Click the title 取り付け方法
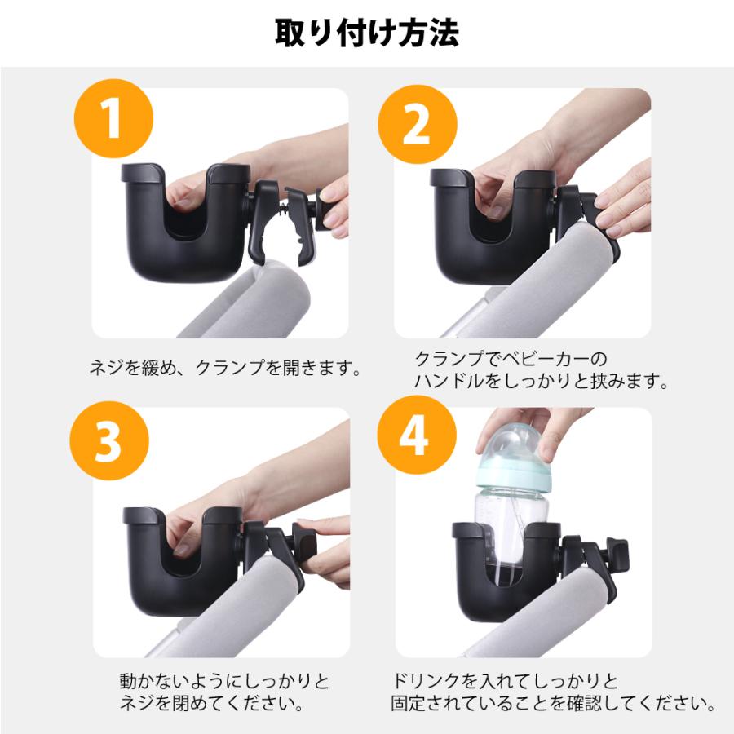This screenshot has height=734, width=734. click(366, 33)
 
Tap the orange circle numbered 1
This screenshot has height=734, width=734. click(113, 118)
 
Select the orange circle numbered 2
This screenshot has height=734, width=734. click(417, 124)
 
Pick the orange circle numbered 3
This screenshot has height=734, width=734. click(109, 440)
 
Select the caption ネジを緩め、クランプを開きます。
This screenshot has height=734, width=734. click(226, 368)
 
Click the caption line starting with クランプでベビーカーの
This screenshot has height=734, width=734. click(511, 359)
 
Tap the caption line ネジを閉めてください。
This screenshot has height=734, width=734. click(212, 703)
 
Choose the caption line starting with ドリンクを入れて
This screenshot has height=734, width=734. click(505, 681)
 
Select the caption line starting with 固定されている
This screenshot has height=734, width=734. click(553, 703)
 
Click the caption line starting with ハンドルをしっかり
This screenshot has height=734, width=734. click(542, 381)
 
